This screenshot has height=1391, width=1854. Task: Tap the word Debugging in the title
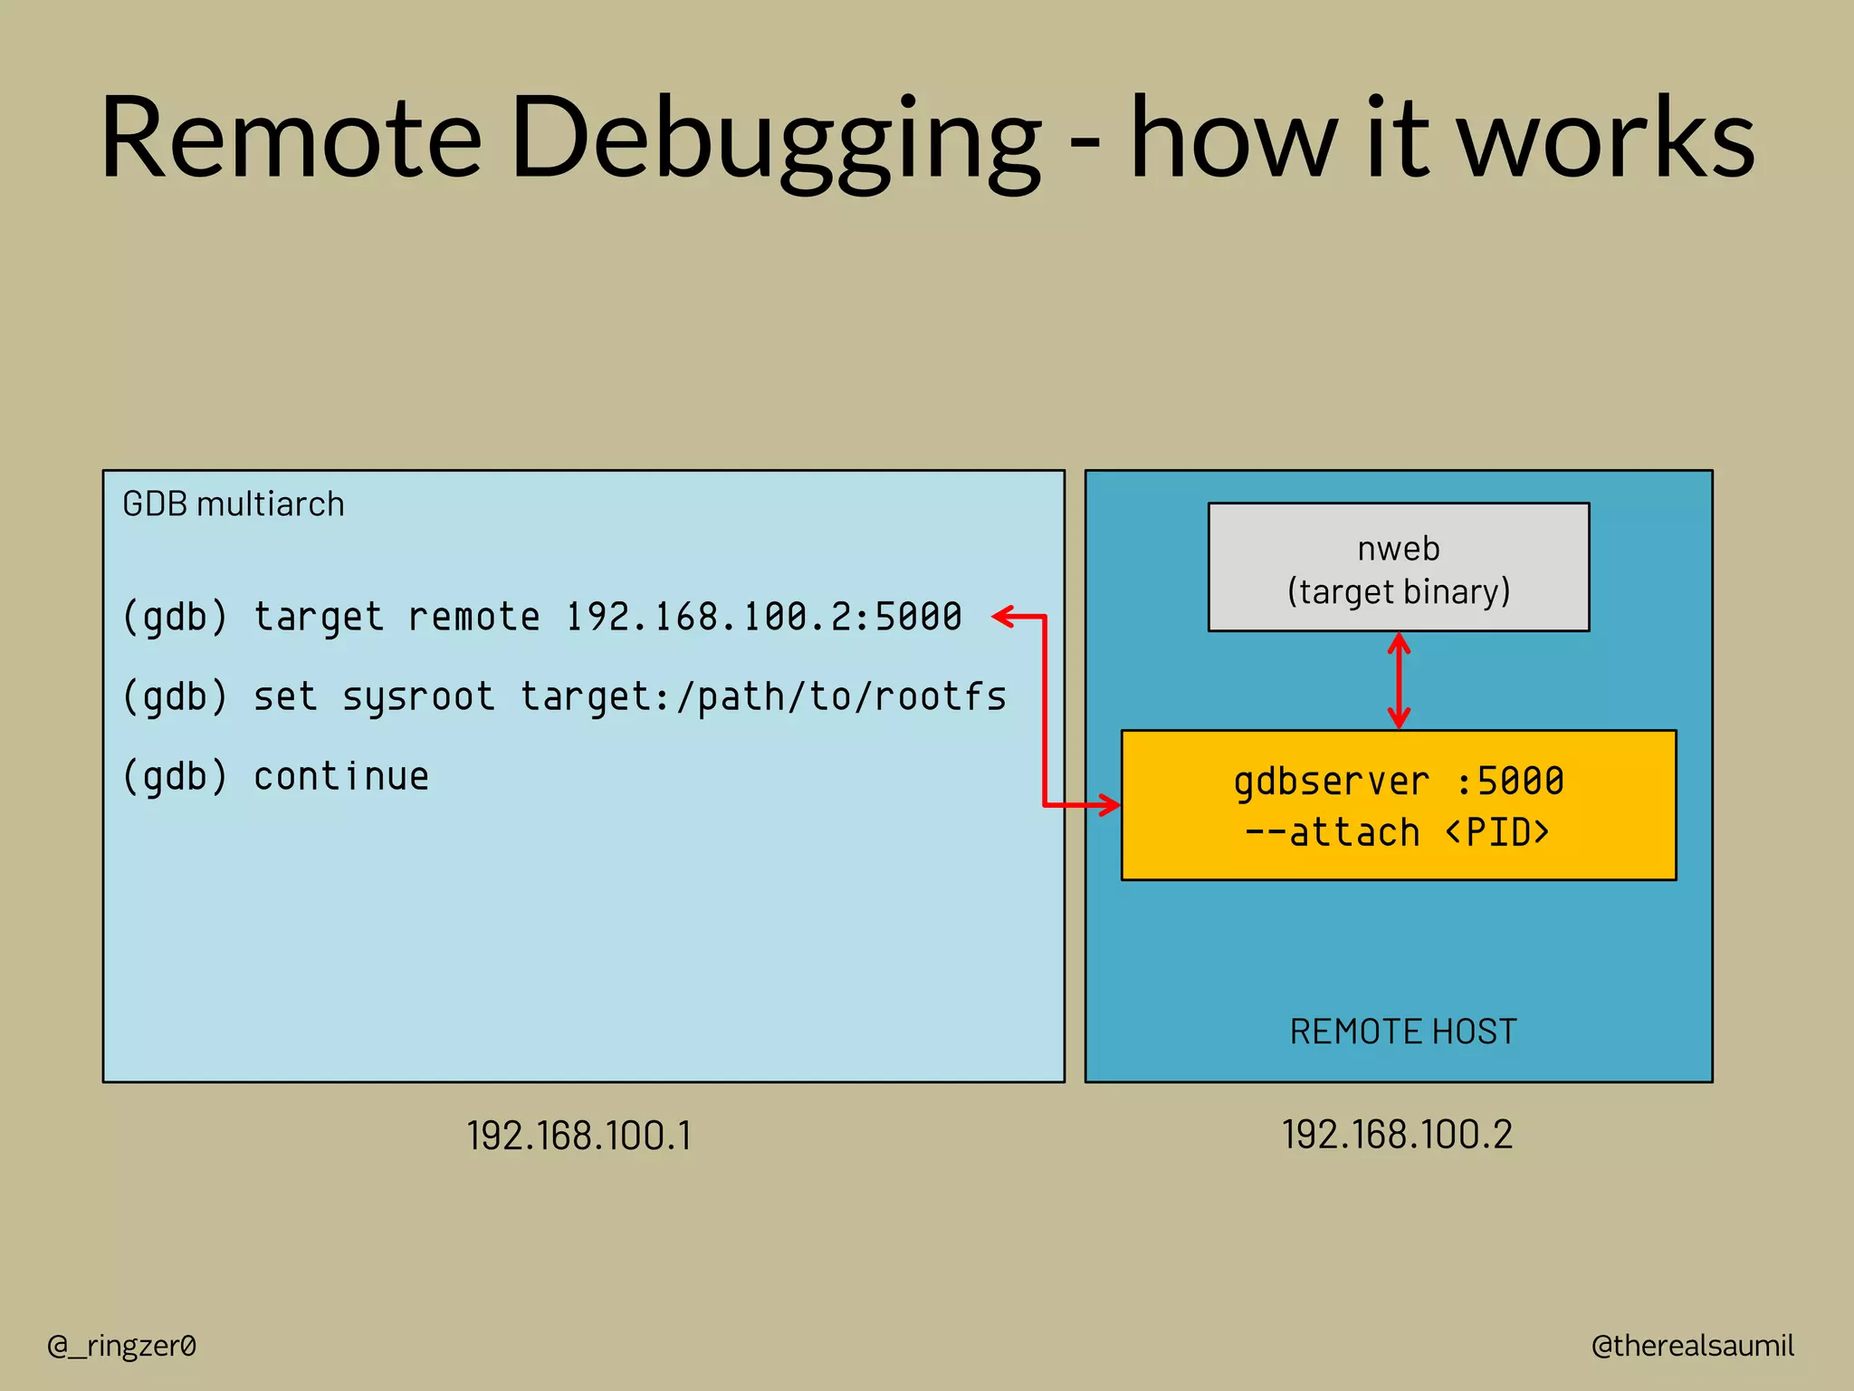point(777,140)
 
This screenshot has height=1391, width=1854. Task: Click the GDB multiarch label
point(234,504)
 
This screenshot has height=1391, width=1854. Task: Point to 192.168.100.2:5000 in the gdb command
point(763,618)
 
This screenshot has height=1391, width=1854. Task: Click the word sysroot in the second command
point(418,697)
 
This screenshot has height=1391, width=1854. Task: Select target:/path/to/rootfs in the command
point(763,697)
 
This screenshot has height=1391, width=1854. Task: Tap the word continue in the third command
point(341,777)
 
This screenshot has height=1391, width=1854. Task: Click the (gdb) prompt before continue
point(176,777)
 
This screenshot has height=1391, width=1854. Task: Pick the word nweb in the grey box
point(1398,549)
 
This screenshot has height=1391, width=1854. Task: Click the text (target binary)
point(1398,592)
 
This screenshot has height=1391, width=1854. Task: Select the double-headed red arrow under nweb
point(1399,681)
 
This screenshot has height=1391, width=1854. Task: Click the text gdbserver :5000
point(1398,781)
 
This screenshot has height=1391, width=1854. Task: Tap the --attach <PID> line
point(1398,832)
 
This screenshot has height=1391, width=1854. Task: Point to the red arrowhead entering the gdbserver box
point(1109,804)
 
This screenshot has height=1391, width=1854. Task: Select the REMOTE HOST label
point(1402,1031)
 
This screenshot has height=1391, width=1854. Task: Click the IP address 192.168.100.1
point(579,1136)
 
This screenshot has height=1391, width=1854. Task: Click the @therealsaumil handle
point(1692,1346)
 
